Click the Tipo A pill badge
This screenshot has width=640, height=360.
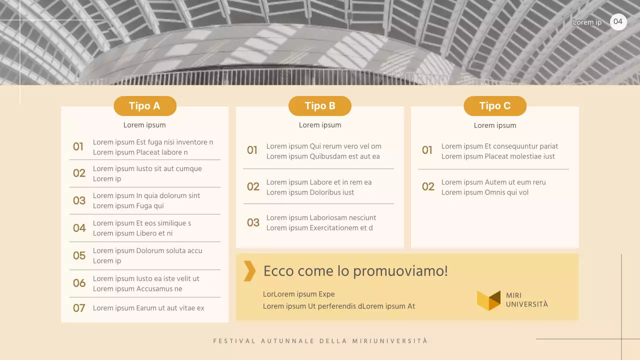[x=144, y=106]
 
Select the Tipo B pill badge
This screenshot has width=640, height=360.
[x=320, y=106]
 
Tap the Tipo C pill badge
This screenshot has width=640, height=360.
[x=495, y=106]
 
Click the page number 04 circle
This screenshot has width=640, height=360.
[x=618, y=21]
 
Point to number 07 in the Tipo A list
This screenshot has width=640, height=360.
[x=79, y=308]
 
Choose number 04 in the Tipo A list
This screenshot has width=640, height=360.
[x=79, y=228]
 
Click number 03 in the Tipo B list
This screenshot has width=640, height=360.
[x=253, y=222]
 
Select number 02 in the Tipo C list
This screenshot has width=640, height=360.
[x=428, y=187]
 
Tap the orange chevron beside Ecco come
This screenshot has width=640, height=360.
[x=249, y=271]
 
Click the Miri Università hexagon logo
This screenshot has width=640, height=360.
[x=488, y=300]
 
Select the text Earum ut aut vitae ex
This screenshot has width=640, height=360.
[x=170, y=308]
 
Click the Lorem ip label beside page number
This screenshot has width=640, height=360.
[x=587, y=22]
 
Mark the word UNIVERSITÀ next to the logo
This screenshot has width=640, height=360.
[x=527, y=304]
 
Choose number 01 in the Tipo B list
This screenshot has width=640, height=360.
[x=252, y=150]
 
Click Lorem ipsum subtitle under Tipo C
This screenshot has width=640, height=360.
[x=495, y=125]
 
